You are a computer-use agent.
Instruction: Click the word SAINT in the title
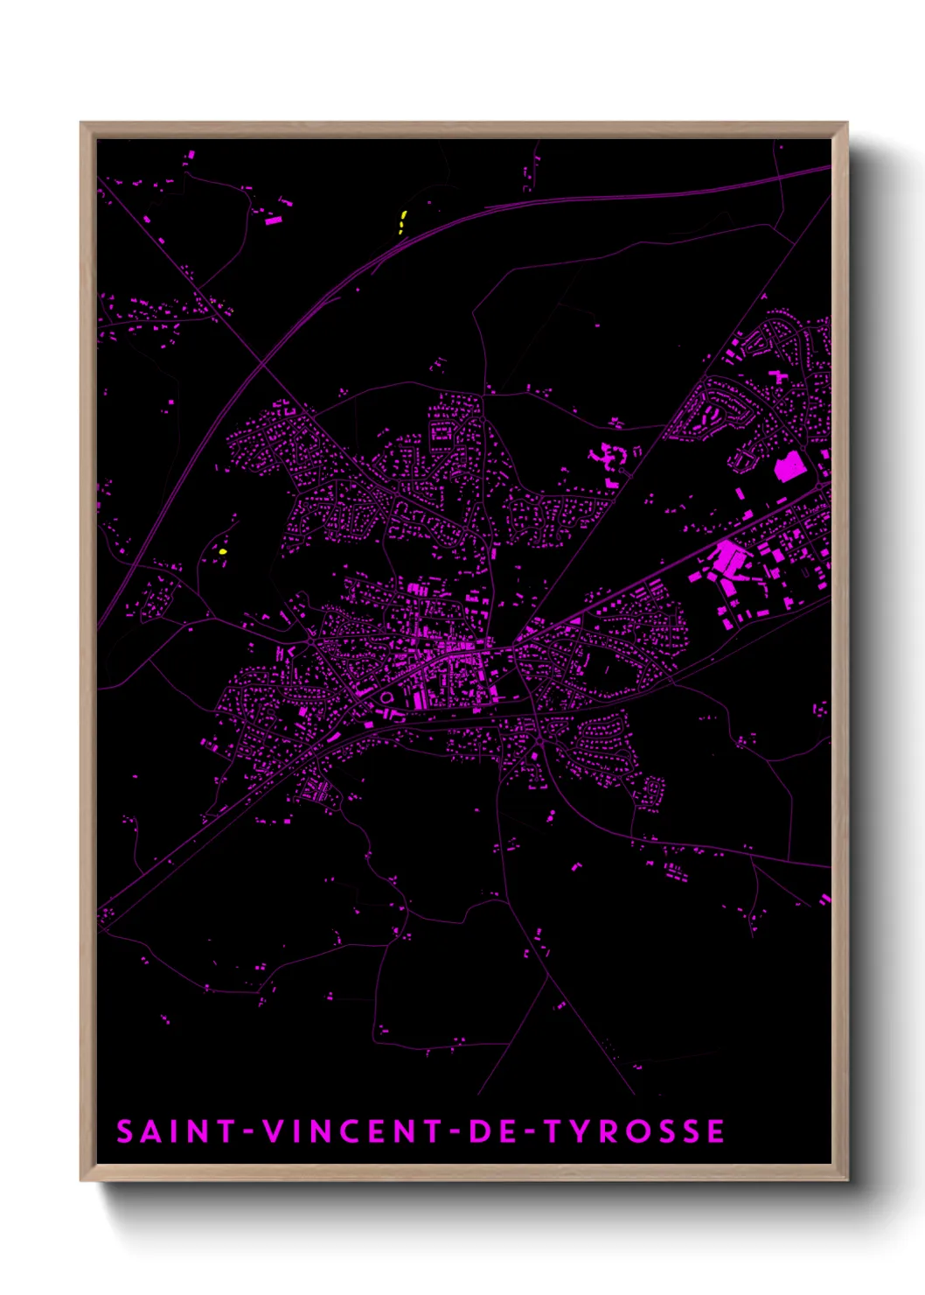(x=176, y=1131)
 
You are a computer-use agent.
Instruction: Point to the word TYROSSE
(x=635, y=1131)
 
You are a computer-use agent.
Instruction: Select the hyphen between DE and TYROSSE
(x=528, y=1131)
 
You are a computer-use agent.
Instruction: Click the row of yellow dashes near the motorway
(x=402, y=221)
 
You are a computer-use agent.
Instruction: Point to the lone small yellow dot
(x=223, y=552)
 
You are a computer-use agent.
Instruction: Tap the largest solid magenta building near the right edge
(x=789, y=466)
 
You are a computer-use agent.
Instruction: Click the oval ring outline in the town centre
(x=386, y=697)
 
